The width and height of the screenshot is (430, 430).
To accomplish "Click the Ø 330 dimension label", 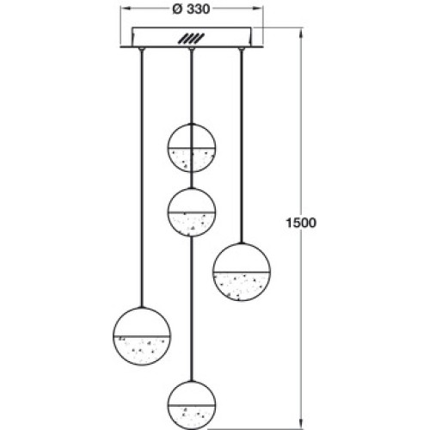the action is pos(191,9).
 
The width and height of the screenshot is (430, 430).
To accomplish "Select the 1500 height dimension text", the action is pos(301,223).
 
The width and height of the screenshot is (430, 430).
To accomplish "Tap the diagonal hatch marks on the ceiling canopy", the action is pos(191,39).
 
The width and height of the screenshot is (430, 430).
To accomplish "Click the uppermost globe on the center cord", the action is pos(191,148).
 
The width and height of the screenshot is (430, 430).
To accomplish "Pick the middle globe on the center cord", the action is pos(191,212).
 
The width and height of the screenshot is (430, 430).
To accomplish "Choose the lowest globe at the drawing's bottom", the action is pos(191,405).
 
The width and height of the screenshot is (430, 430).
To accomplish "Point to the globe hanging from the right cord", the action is pos(242,272).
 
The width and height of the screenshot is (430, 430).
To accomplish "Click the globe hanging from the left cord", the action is pos(142,336).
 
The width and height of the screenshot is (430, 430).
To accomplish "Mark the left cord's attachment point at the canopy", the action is pos(141,49).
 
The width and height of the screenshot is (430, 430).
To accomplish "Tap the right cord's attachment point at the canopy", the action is pos(242,49).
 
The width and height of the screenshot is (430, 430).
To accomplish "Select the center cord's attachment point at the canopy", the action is pos(191,49).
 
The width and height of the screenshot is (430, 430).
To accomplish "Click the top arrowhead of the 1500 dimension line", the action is pos(300,33).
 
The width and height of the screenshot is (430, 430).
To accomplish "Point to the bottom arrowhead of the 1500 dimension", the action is pos(300,425).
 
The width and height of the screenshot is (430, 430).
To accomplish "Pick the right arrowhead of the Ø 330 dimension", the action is pos(257,8).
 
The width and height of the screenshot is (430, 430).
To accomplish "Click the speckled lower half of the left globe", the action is pos(142,350).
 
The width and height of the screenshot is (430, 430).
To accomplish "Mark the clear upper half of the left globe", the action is pos(142,322).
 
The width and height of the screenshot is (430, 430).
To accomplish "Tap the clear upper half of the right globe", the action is pos(242,257).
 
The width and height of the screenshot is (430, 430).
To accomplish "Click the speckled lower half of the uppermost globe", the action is pos(191,160).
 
